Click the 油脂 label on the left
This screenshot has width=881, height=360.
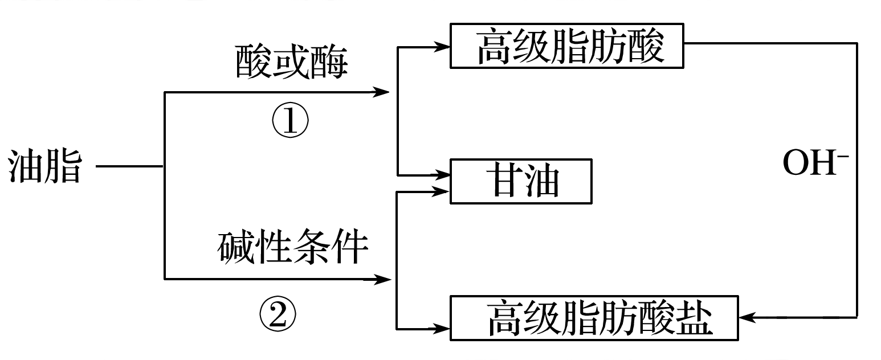point(44,167)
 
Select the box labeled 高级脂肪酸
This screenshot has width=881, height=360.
point(566,46)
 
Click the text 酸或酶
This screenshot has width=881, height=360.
point(291,62)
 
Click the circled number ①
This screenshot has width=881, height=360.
point(289,121)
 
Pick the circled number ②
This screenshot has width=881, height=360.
point(279,314)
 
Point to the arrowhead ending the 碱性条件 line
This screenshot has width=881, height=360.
point(382,279)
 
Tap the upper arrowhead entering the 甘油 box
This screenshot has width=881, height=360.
point(442,174)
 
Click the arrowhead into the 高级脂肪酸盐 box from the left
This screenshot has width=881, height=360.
point(442,329)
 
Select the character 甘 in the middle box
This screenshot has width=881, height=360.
point(498,181)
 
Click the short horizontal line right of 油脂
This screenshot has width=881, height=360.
point(130,167)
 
